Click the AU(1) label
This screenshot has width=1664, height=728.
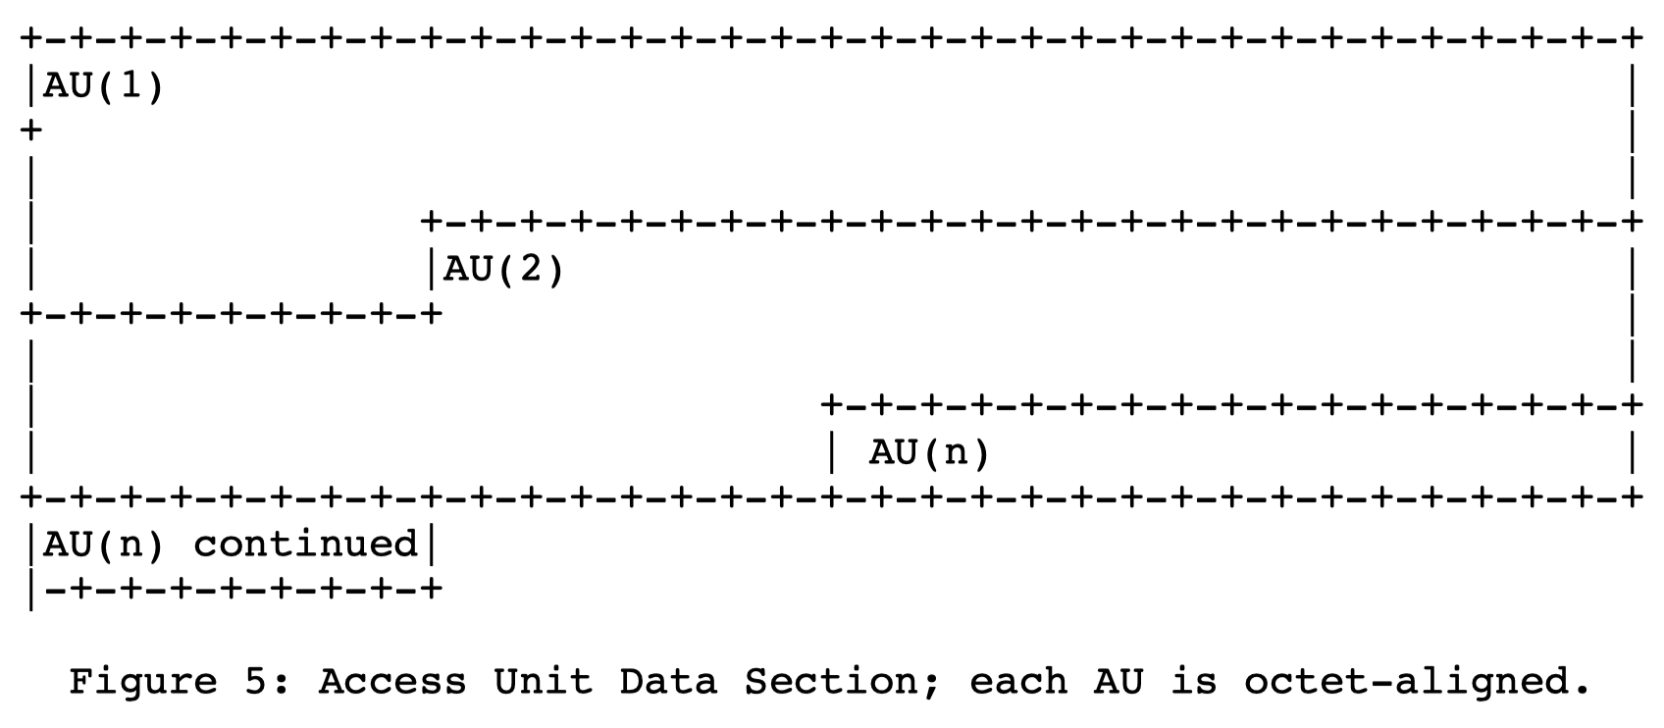(x=104, y=86)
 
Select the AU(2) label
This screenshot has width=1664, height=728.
(x=504, y=269)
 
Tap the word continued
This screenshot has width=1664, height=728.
(x=305, y=544)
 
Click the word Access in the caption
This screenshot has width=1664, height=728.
(x=392, y=681)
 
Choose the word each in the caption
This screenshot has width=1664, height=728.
(x=1018, y=681)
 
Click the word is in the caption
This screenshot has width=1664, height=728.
(x=1193, y=681)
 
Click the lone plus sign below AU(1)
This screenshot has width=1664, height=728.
(x=31, y=130)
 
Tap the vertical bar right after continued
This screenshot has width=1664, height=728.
(x=430, y=544)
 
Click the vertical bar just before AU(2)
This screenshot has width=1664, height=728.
(x=431, y=269)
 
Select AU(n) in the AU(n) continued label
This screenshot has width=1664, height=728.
(x=104, y=544)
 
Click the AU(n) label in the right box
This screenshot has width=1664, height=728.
(x=929, y=453)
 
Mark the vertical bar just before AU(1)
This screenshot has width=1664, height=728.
(x=31, y=86)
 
